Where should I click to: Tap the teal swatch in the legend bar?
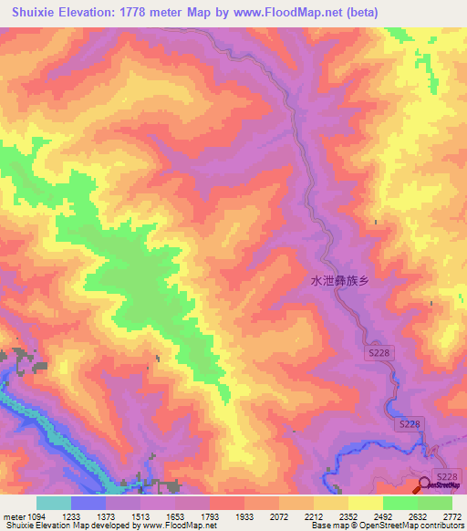tap(54, 503)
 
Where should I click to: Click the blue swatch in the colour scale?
tap(88, 503)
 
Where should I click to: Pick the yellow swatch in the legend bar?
tap(331, 503)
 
